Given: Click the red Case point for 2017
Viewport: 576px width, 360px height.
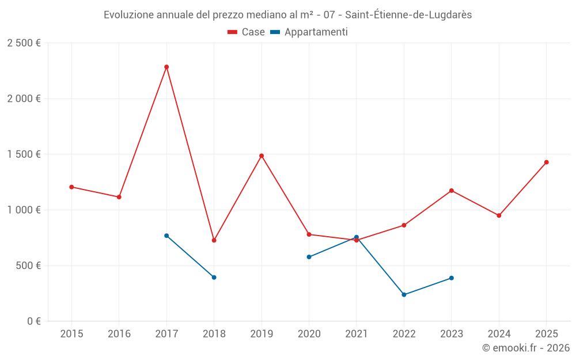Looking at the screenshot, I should pos(166,67).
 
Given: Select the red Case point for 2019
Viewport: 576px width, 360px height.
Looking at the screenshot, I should pos(262,156).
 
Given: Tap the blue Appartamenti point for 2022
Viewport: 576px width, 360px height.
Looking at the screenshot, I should pos(404,295).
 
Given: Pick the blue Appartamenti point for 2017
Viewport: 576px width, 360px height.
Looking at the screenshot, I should pos(166,236).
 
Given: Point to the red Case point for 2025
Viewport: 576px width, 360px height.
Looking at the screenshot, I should pos(546,162).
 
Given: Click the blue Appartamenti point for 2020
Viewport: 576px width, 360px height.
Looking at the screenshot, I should pos(309,257).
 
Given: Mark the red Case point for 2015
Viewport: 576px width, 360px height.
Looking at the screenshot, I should pos(71,187).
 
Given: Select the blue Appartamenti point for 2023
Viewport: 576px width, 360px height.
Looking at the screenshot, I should pos(452,278).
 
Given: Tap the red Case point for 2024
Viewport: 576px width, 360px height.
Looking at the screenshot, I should pos(499,215).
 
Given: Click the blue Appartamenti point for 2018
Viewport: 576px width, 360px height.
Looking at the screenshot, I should pos(214,278).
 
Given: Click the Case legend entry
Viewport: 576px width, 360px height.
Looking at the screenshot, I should pos(246,32).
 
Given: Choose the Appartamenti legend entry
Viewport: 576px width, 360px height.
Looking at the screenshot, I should pos(309,32).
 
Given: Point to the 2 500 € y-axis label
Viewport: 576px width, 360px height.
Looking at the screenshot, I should pos(24,43).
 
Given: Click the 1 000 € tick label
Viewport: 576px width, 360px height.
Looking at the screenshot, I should pos(24,210).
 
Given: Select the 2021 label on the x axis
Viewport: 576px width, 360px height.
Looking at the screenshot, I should pos(357,334).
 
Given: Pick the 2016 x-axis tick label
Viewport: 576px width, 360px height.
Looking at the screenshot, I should pos(119,334).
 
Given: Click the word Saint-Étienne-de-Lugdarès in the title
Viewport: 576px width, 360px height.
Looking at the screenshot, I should pos(408,15).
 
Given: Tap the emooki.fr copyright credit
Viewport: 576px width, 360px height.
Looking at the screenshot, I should pos(525,348).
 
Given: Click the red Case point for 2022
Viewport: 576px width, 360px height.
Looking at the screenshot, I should pos(404,225).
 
